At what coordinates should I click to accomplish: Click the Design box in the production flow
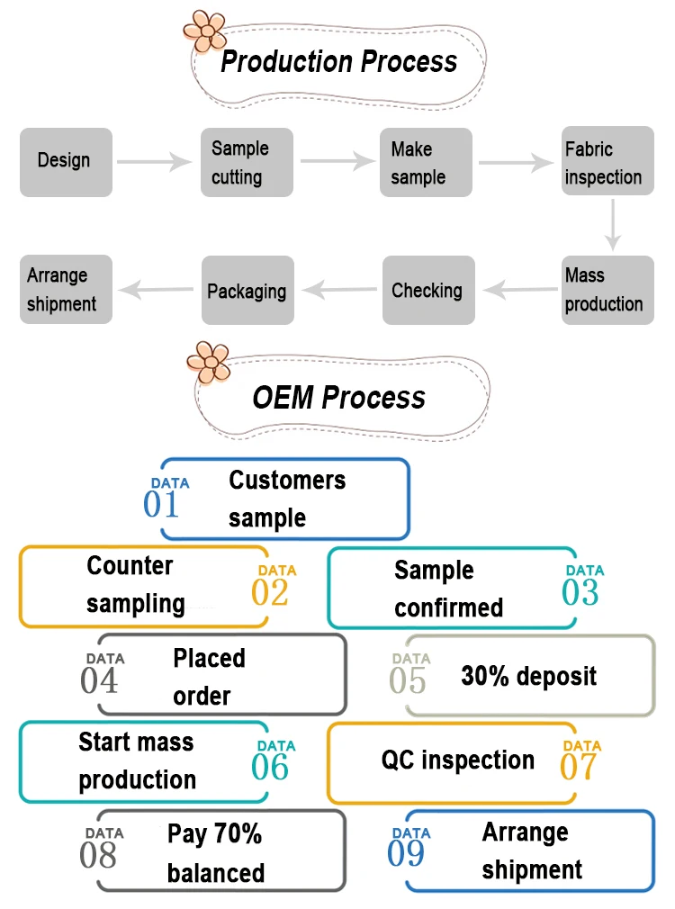click(66, 162)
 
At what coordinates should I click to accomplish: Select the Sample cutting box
click(247, 162)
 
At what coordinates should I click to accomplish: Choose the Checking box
click(427, 290)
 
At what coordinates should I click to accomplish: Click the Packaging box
click(247, 291)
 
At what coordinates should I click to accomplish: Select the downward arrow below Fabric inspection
click(613, 225)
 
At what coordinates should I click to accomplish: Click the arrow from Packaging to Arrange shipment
click(157, 290)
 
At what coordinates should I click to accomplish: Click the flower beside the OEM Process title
click(208, 362)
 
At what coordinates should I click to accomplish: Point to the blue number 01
click(162, 504)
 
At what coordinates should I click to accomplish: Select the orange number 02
click(270, 591)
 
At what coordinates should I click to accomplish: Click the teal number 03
click(580, 591)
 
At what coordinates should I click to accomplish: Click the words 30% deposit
click(528, 677)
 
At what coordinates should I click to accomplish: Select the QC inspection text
click(457, 760)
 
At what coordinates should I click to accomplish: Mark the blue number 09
click(406, 852)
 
